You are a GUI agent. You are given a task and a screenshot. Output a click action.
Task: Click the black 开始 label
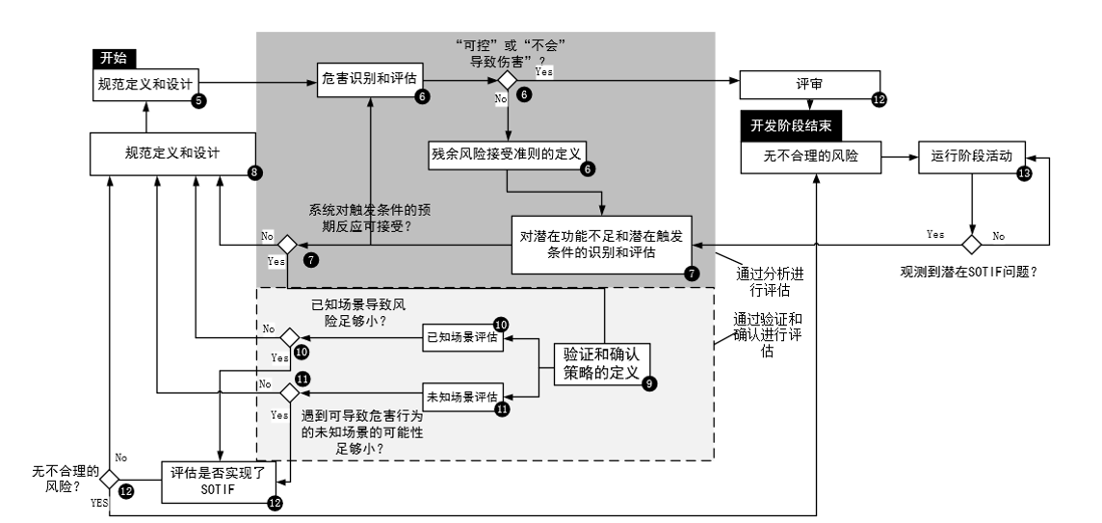point(114,59)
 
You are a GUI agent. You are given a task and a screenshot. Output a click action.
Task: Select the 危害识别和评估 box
point(370,83)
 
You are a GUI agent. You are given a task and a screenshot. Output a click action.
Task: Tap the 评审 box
point(809,85)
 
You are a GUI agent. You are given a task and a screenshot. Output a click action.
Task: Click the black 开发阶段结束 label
point(792,126)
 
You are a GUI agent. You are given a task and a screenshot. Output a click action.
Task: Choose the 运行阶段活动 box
point(972,156)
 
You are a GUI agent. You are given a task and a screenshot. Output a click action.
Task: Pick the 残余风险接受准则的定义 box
point(508,155)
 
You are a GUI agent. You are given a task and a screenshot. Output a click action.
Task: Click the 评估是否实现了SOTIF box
point(219,482)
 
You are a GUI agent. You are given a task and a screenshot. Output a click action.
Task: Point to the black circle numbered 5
point(198,100)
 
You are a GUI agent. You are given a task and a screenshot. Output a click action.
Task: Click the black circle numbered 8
point(254,172)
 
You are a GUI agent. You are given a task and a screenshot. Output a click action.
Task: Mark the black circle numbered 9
point(649,383)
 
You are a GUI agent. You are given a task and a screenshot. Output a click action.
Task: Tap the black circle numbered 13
point(1025,173)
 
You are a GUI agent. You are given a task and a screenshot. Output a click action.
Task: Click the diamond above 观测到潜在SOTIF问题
point(972,245)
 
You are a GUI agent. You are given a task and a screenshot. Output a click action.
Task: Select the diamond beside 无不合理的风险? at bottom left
point(109,480)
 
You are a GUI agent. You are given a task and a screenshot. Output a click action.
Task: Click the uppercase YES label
point(98,503)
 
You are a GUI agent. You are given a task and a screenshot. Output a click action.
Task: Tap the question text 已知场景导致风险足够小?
point(358,313)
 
